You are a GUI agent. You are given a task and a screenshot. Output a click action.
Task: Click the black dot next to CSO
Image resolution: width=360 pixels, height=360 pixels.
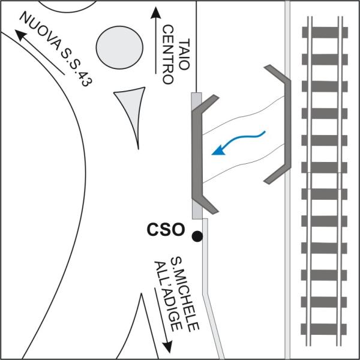[197, 236]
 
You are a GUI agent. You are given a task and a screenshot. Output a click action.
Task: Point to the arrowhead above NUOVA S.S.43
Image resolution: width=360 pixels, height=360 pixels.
[19, 35]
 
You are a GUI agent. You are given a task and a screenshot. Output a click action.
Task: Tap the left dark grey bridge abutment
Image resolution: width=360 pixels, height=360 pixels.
[200, 154]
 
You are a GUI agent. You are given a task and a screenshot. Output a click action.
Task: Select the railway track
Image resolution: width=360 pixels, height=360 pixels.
[325, 180]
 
